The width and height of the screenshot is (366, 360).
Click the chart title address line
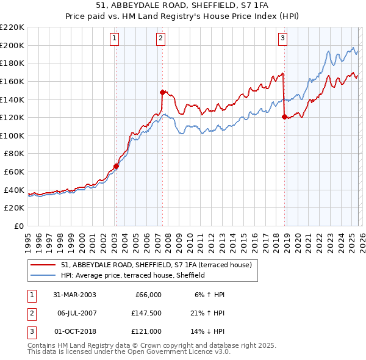(182, 5)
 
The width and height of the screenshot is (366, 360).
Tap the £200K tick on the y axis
(12, 45)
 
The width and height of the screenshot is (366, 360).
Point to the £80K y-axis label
(14, 154)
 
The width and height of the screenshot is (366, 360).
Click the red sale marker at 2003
(116, 166)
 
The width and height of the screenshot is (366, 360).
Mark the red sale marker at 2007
(162, 92)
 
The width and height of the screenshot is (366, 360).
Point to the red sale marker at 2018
(284, 116)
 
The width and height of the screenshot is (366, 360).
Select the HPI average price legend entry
(132, 275)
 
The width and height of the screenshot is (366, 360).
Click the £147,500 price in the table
(146, 313)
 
